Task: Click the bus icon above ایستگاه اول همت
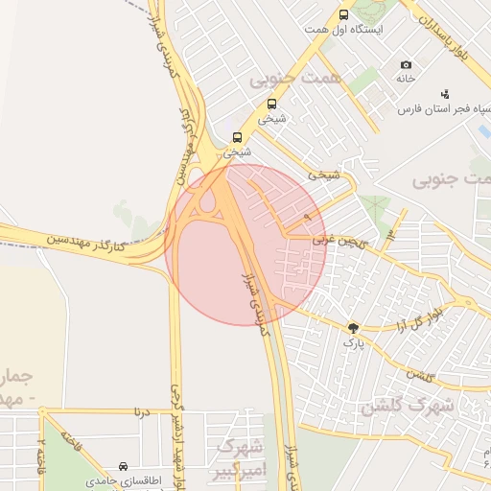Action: (x=344, y=14)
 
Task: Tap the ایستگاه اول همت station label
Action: (x=344, y=30)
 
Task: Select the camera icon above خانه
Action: (x=406, y=64)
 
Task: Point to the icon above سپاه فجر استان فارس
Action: (x=444, y=93)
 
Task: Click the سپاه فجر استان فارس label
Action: (x=436, y=107)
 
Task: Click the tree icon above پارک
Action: (x=354, y=327)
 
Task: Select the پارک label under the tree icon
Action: (x=354, y=341)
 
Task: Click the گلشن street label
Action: (x=421, y=375)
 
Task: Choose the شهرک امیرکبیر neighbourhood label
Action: (x=239, y=458)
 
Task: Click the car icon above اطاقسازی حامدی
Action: (x=124, y=464)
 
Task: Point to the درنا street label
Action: (x=143, y=411)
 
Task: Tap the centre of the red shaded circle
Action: (x=245, y=245)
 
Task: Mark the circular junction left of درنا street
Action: (x=43, y=413)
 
